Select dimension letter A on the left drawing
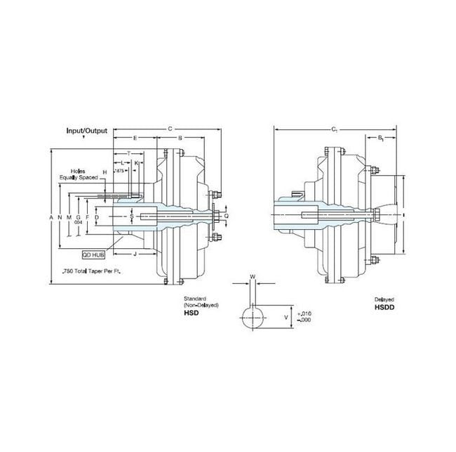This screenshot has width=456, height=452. coord(51,218)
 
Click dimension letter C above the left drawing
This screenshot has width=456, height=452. coord(170,129)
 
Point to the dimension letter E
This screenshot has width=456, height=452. coord(135,138)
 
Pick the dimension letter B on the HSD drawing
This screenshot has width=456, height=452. coord(180,138)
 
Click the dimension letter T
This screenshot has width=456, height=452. coord(129,153)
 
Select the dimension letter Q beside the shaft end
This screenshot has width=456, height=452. coord(226,217)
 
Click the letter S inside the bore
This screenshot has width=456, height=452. coord(130,217)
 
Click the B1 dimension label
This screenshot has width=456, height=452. coord(380,138)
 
